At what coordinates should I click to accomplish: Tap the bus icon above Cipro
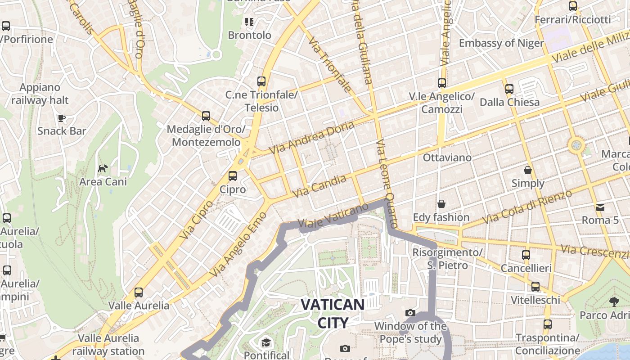tap(233, 176)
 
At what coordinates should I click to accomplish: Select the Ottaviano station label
tap(447, 157)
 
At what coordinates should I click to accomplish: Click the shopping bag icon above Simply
tap(528, 170)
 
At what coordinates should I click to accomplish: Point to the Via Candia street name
tap(320, 186)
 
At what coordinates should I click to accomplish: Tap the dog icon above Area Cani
tap(103, 169)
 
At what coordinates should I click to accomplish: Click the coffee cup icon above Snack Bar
tap(62, 118)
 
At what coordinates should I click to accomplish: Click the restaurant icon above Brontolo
tap(249, 22)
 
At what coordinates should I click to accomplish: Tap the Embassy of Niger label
tap(501, 43)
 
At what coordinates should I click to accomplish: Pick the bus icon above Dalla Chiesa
tap(509, 89)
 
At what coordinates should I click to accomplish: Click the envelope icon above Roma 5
tap(600, 207)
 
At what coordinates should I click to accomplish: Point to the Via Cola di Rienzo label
tap(526, 207)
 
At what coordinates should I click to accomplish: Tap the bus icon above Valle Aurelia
tap(139, 292)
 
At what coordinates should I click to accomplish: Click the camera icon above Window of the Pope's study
tap(410, 313)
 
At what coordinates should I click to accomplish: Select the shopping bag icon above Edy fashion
tap(441, 204)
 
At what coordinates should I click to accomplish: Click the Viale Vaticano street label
tap(333, 216)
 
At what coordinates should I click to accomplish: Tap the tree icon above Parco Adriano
tap(614, 301)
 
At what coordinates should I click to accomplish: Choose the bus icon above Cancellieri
tap(526, 255)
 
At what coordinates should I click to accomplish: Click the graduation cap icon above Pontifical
tap(266, 342)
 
